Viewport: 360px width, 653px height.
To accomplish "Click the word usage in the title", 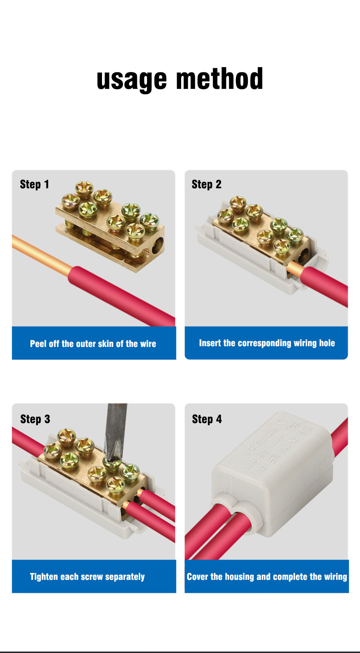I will pos(131,80).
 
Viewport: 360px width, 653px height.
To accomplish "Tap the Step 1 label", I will pos(34,185).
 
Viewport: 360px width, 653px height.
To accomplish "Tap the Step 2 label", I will pos(206,185).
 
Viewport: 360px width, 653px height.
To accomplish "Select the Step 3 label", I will pos(35,419).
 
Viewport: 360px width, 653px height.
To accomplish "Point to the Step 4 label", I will pos(207,419).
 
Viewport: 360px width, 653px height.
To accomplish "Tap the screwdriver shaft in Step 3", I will pos(116,428).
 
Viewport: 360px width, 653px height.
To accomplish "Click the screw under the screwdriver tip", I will pos(112,464).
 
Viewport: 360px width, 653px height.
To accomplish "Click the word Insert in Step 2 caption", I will pos(210,343).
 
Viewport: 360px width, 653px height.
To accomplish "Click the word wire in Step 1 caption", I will pos(148,344).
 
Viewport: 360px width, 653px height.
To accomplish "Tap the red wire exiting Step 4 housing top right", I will pos(340,437).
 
